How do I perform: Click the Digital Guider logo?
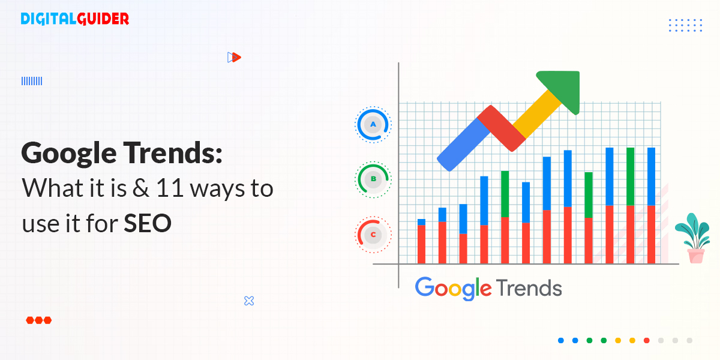click(74, 19)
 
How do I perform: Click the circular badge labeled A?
click(373, 125)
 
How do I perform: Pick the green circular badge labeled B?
click(373, 178)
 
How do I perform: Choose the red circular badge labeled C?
click(373, 235)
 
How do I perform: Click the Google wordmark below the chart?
click(453, 288)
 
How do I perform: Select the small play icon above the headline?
click(234, 57)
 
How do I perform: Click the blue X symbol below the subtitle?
click(249, 301)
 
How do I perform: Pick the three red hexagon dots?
click(39, 320)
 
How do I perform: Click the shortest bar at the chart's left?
click(421, 241)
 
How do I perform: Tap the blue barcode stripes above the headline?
click(32, 81)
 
